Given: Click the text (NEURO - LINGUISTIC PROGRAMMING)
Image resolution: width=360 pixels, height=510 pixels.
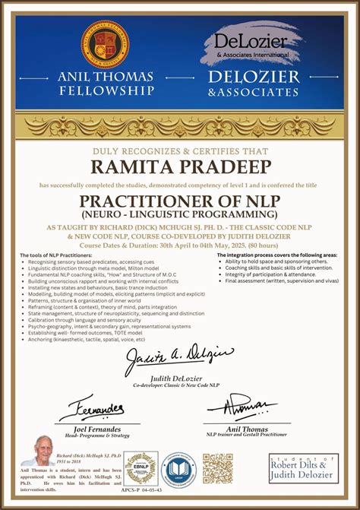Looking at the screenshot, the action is (x=180, y=216).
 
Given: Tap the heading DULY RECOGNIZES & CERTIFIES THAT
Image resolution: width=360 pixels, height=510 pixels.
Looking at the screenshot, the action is (x=180, y=150).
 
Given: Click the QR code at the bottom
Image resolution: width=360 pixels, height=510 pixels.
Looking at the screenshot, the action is (x=217, y=468).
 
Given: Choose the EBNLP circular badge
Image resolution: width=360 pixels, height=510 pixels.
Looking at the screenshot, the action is (x=141, y=467).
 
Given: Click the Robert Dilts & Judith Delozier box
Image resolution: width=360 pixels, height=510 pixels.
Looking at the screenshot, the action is (x=303, y=468).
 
